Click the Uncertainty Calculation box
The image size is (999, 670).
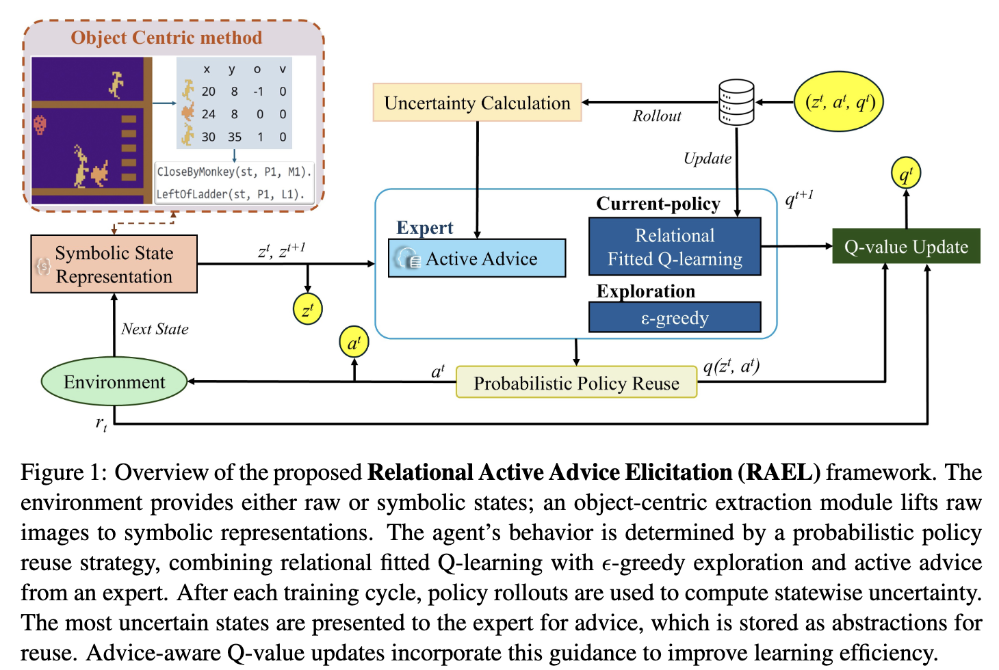click(477, 103)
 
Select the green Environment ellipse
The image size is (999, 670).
click(114, 381)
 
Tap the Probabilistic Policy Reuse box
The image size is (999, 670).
click(576, 383)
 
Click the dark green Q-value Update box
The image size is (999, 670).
click(906, 247)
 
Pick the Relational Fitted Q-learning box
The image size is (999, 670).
click(675, 247)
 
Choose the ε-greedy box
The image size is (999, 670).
click(675, 318)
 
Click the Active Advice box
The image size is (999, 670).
click(477, 258)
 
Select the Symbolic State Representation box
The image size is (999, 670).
click(114, 265)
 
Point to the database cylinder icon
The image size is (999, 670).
click(736, 103)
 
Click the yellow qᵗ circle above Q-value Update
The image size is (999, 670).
click(906, 174)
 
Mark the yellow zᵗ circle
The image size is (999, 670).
click(307, 309)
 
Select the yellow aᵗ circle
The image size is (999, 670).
click(354, 343)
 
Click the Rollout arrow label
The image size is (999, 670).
click(656, 116)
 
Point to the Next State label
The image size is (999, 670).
click(155, 329)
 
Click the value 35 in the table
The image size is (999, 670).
click(235, 137)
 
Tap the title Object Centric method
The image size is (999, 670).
click(166, 38)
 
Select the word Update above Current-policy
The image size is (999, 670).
click(707, 159)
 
